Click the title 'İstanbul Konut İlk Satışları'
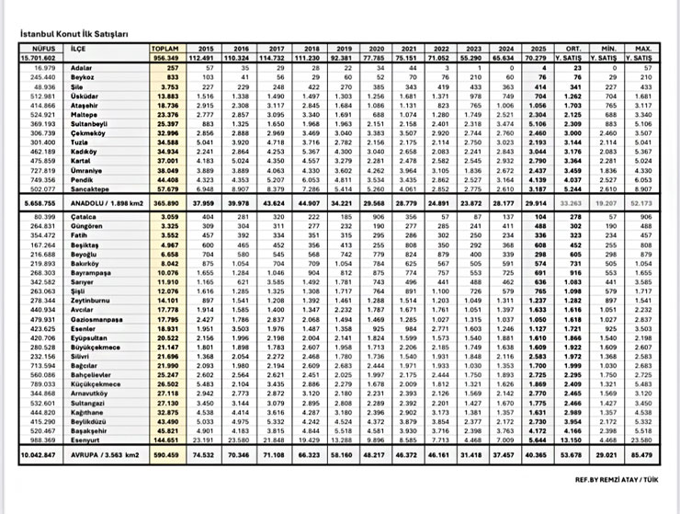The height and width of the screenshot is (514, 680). coord(74,33)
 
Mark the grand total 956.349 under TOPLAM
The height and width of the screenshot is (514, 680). coord(166,56)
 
